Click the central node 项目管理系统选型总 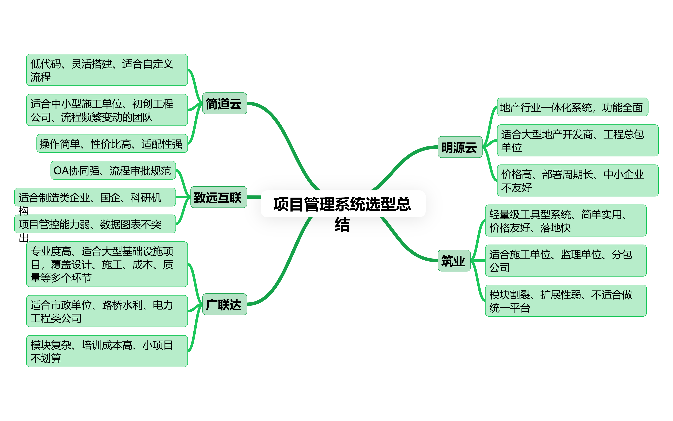pyautogui.click(x=343, y=204)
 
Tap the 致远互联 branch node pyautogui.click(x=218, y=197)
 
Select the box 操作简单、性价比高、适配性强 pyautogui.click(x=112, y=144)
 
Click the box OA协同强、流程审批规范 pyautogui.click(x=113, y=170)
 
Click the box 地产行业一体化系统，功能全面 pyautogui.click(x=572, y=107)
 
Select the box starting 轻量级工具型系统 pyautogui.click(x=565, y=221)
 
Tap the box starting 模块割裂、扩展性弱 pyautogui.click(x=565, y=301)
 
